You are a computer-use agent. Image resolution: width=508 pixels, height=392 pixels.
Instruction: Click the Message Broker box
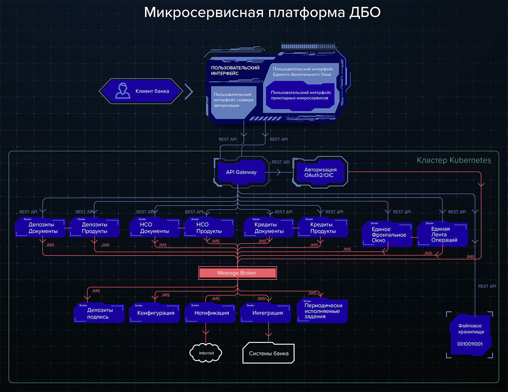[237, 273]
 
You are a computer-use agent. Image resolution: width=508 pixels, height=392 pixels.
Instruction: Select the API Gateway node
[241, 172]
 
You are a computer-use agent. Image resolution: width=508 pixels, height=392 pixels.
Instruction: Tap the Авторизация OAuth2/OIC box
[320, 172]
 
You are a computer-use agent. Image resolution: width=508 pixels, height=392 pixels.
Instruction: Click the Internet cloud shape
[206, 353]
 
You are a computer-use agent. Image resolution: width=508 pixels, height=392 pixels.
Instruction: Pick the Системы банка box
[268, 354]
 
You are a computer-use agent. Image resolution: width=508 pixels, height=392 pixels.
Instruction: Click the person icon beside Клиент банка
[123, 91]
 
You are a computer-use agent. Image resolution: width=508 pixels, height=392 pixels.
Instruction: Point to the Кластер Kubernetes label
[454, 160]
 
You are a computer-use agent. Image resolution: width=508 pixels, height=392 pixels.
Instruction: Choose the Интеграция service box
[267, 313]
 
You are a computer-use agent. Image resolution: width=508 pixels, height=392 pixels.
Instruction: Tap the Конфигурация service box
[155, 313]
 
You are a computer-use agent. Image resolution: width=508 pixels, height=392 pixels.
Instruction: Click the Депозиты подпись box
[99, 313]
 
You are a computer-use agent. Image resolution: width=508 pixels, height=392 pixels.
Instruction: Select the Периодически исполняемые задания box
[322, 311]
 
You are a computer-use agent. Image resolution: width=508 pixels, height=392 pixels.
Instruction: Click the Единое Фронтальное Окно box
[387, 235]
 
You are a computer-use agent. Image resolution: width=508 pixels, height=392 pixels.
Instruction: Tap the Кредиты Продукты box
[322, 228]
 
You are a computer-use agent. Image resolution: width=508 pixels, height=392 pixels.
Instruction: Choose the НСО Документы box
[155, 228]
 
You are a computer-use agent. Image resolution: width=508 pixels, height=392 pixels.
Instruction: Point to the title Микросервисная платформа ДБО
[262, 12]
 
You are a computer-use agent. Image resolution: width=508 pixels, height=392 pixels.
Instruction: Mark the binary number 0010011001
[470, 344]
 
